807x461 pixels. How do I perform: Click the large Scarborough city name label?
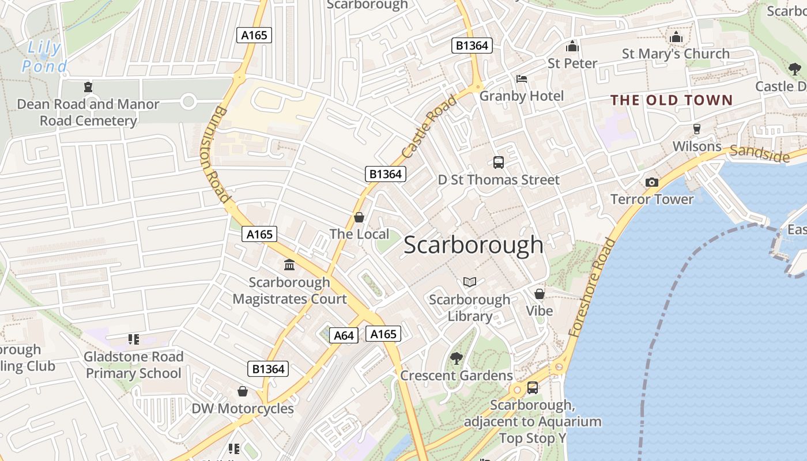473,245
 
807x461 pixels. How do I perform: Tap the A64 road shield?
344,335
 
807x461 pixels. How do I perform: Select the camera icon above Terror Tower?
652,183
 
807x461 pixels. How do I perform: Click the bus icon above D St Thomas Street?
499,163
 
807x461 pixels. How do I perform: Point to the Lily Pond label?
44,57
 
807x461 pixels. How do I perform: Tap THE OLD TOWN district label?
672,100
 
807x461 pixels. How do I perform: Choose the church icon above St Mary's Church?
676,37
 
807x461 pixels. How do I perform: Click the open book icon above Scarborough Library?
470,282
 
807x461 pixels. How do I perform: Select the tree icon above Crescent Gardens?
456,358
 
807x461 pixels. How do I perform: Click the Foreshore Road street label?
591,288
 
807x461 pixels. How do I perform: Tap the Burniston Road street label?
216,154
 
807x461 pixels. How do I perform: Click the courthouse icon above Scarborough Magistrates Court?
289,265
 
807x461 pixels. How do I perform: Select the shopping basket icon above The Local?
359,217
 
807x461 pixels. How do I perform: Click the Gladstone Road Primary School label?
133,365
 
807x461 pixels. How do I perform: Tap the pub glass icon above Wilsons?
696,129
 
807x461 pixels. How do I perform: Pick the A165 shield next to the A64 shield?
383,334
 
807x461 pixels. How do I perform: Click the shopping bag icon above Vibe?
540,294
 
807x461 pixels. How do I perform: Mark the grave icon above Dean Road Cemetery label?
88,87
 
